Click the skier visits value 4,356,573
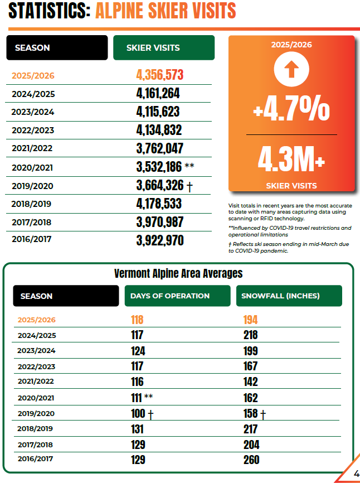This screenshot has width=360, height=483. tap(160, 75)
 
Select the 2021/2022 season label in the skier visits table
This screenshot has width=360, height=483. tap(32, 148)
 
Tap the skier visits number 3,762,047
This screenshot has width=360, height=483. tap(160, 148)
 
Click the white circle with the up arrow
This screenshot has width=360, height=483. tap(291, 69)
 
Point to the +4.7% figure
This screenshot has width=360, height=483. tap(291, 108)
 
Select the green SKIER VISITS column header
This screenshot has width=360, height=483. tap(164, 48)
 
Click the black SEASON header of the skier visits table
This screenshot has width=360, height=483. tap(57, 48)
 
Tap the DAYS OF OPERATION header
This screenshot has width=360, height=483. tap(178, 296)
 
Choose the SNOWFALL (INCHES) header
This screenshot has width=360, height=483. tap(289, 296)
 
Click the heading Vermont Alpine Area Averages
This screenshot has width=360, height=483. tap(178, 273)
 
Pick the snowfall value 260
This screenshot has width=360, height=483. tap(251, 460)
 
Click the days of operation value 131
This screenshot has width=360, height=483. tap(137, 429)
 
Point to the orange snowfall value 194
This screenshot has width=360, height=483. tap(250, 320)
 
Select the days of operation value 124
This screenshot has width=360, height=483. tap(138, 351)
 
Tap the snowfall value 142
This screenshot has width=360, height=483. tap(250, 381)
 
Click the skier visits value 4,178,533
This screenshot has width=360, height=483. tap(159, 204)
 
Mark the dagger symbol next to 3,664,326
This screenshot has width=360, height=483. tap(189, 187)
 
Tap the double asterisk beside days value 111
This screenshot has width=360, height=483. tap(148, 397)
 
